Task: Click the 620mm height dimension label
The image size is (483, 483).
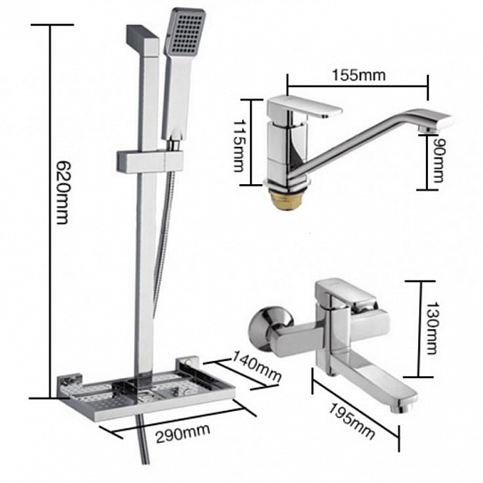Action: (63, 193)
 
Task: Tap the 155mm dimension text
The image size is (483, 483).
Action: (358, 75)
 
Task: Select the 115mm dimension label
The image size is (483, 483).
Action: (239, 146)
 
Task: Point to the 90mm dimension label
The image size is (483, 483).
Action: (438, 160)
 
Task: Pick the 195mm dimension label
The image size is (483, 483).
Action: (352, 421)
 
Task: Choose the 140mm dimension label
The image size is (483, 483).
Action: (256, 366)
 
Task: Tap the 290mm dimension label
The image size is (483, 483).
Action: (183, 434)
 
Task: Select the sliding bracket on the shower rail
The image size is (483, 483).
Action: (150, 161)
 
